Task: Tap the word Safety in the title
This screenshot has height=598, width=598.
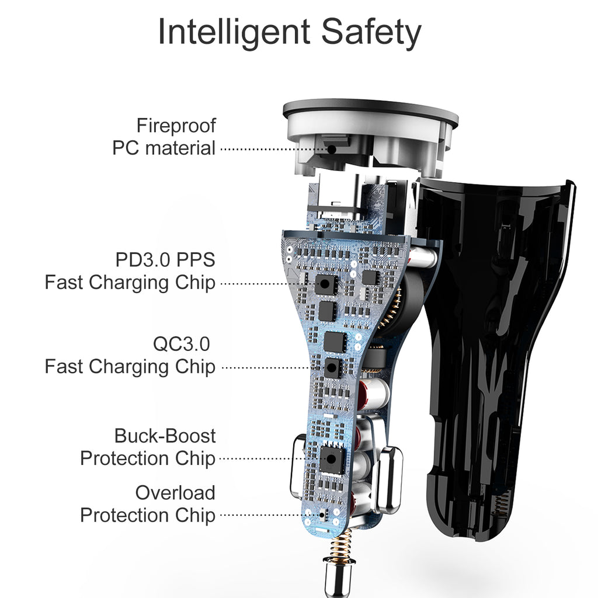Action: (x=371, y=33)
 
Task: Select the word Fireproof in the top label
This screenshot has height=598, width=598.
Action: (x=176, y=126)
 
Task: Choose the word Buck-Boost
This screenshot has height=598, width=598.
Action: (x=165, y=436)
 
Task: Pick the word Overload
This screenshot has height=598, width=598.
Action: (x=175, y=492)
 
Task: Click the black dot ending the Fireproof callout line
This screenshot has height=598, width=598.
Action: (x=331, y=149)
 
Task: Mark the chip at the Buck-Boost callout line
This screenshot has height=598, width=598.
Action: (x=330, y=458)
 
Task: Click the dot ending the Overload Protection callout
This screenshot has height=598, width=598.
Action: (x=322, y=516)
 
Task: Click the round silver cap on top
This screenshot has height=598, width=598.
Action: (x=370, y=117)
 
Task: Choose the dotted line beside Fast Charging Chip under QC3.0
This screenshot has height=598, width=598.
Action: (x=266, y=368)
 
